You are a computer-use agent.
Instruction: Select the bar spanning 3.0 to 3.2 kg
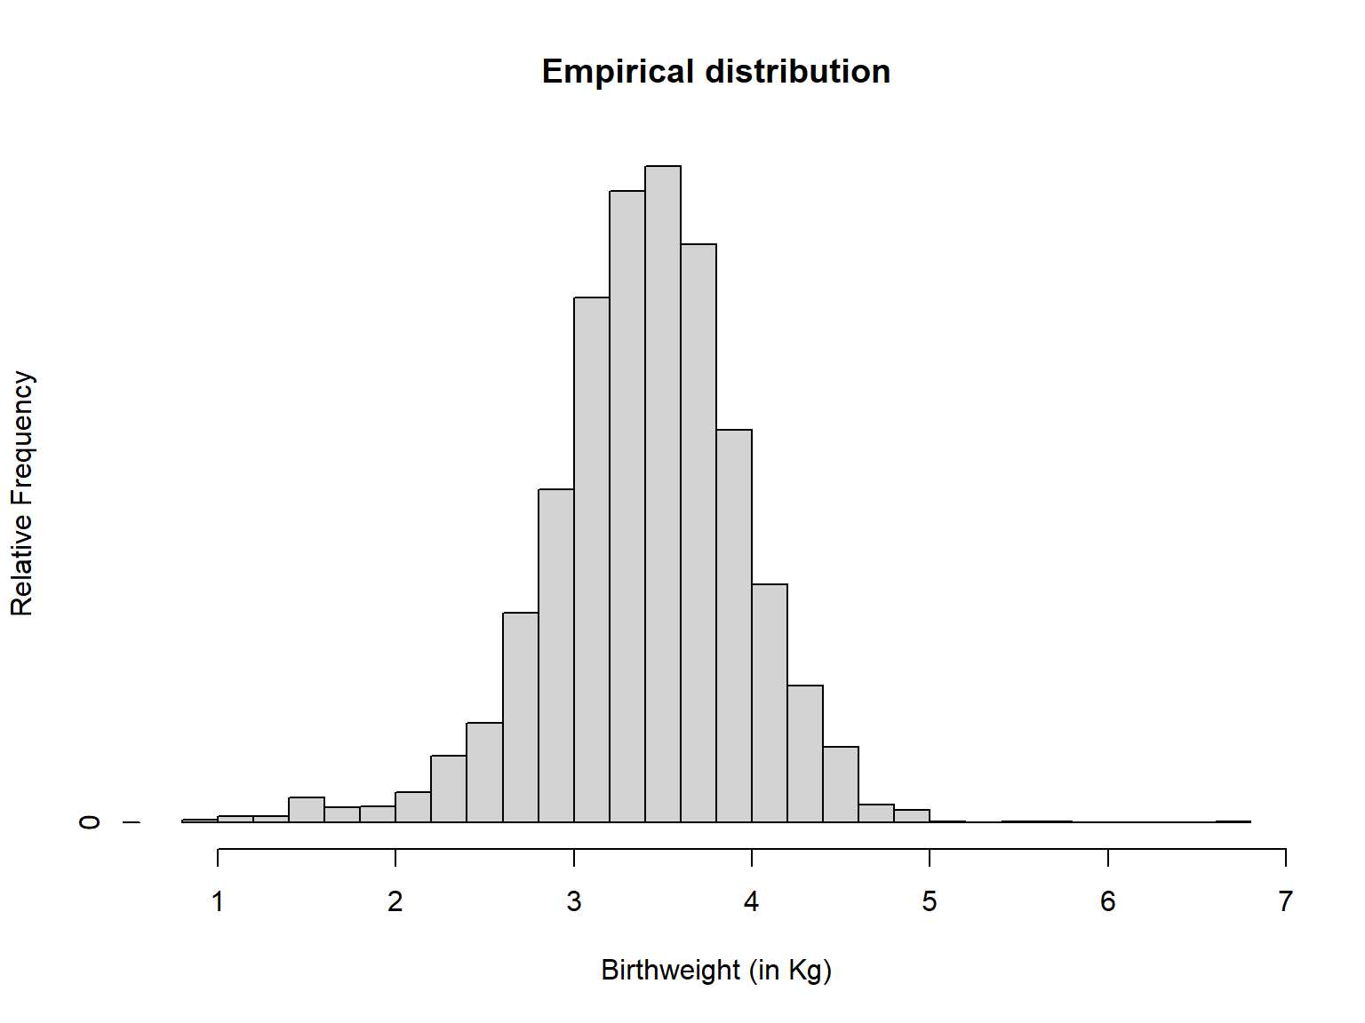click(592, 559)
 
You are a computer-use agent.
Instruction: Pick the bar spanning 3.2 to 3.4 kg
click(627, 506)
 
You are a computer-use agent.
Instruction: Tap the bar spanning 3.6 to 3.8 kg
click(698, 533)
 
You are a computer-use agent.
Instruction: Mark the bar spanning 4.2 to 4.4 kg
click(805, 754)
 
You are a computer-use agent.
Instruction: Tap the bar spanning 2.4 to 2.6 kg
click(484, 773)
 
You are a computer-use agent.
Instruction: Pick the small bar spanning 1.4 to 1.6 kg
click(307, 810)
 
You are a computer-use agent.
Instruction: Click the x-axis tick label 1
click(218, 902)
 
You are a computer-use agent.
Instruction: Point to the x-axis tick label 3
click(574, 902)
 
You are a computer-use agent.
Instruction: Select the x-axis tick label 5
click(930, 902)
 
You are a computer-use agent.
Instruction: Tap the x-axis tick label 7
click(1285, 902)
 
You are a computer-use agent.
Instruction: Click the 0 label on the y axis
click(89, 822)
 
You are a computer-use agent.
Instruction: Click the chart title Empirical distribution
click(716, 72)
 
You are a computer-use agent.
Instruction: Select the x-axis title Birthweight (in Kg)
click(716, 970)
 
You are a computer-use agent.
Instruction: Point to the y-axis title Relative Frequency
click(21, 494)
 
